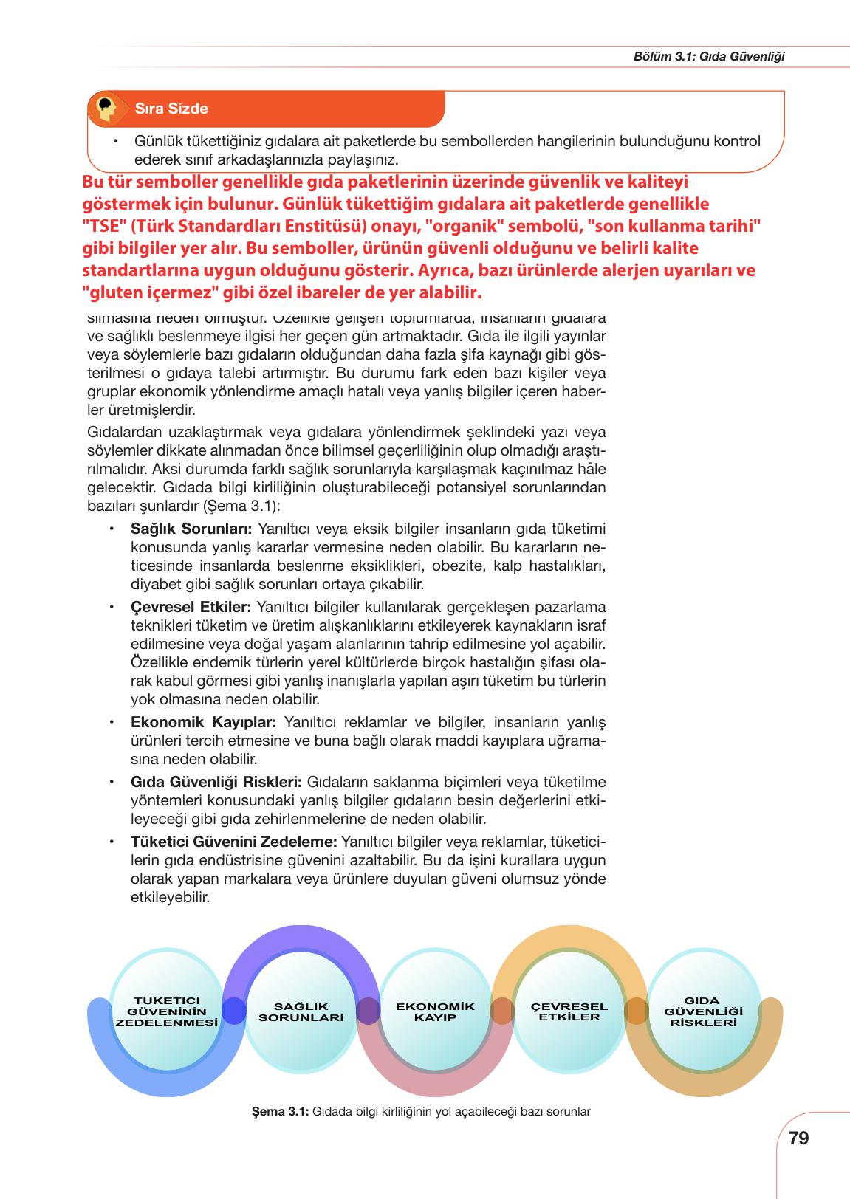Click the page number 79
(x=798, y=1138)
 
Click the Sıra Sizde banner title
(x=171, y=109)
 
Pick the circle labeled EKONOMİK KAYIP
(x=436, y=1011)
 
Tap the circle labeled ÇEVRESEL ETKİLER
(x=569, y=1011)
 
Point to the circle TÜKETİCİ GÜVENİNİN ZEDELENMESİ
(x=168, y=1011)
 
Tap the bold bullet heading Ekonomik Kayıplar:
(x=203, y=721)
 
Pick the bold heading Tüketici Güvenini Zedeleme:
(x=234, y=842)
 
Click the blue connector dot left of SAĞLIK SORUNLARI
(x=233, y=1011)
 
